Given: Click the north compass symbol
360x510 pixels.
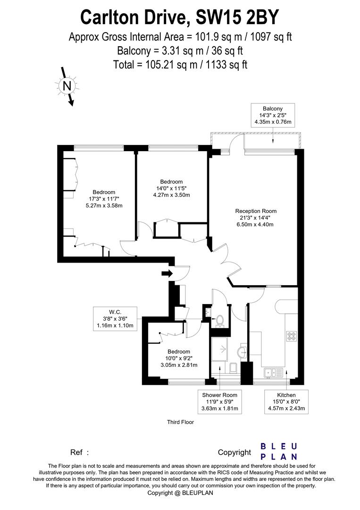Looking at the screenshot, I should (67, 86).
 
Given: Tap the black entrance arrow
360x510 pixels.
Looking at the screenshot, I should (166, 273).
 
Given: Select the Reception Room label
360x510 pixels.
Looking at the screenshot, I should (256, 218).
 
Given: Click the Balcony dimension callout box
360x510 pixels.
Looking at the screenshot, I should (273, 115).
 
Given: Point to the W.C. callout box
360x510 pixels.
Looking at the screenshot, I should (115, 318).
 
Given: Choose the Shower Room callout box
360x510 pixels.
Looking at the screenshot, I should (220, 401).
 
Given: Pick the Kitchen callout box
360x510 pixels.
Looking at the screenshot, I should (286, 401).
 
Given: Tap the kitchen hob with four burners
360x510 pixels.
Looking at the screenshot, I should (291, 337).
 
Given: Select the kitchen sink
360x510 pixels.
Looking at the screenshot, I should (273, 373).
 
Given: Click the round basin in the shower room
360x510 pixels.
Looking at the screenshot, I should (242, 351).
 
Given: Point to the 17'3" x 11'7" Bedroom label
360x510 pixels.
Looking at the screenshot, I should (104, 199).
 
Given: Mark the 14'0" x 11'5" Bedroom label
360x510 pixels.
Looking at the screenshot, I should (171, 188).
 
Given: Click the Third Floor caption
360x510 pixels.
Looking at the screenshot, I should (181, 422).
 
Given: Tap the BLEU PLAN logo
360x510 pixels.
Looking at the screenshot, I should (279, 451).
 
